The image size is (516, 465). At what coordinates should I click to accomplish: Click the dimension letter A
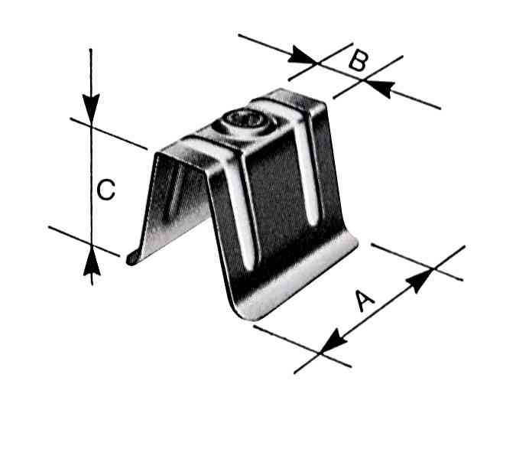pos(365,300)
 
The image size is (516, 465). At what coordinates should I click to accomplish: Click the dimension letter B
pos(358,61)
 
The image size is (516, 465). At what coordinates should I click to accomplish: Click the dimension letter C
pos(106,190)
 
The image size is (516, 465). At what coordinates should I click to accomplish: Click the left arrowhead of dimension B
pos(302,55)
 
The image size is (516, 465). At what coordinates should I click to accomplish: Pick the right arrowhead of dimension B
pos(378,88)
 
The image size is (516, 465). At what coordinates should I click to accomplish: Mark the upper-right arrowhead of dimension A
pos(419,280)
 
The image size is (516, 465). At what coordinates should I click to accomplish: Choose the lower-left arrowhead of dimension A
pos(334,341)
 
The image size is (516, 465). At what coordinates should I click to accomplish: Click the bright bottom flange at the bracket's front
pos(298,278)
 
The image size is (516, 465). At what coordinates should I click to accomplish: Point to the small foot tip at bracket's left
pos(132,259)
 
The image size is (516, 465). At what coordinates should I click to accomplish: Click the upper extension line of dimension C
pos(109,134)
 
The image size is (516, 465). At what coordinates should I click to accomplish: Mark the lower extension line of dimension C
pos(84,242)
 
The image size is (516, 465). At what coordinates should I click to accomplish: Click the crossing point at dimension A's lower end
pos(320,353)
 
